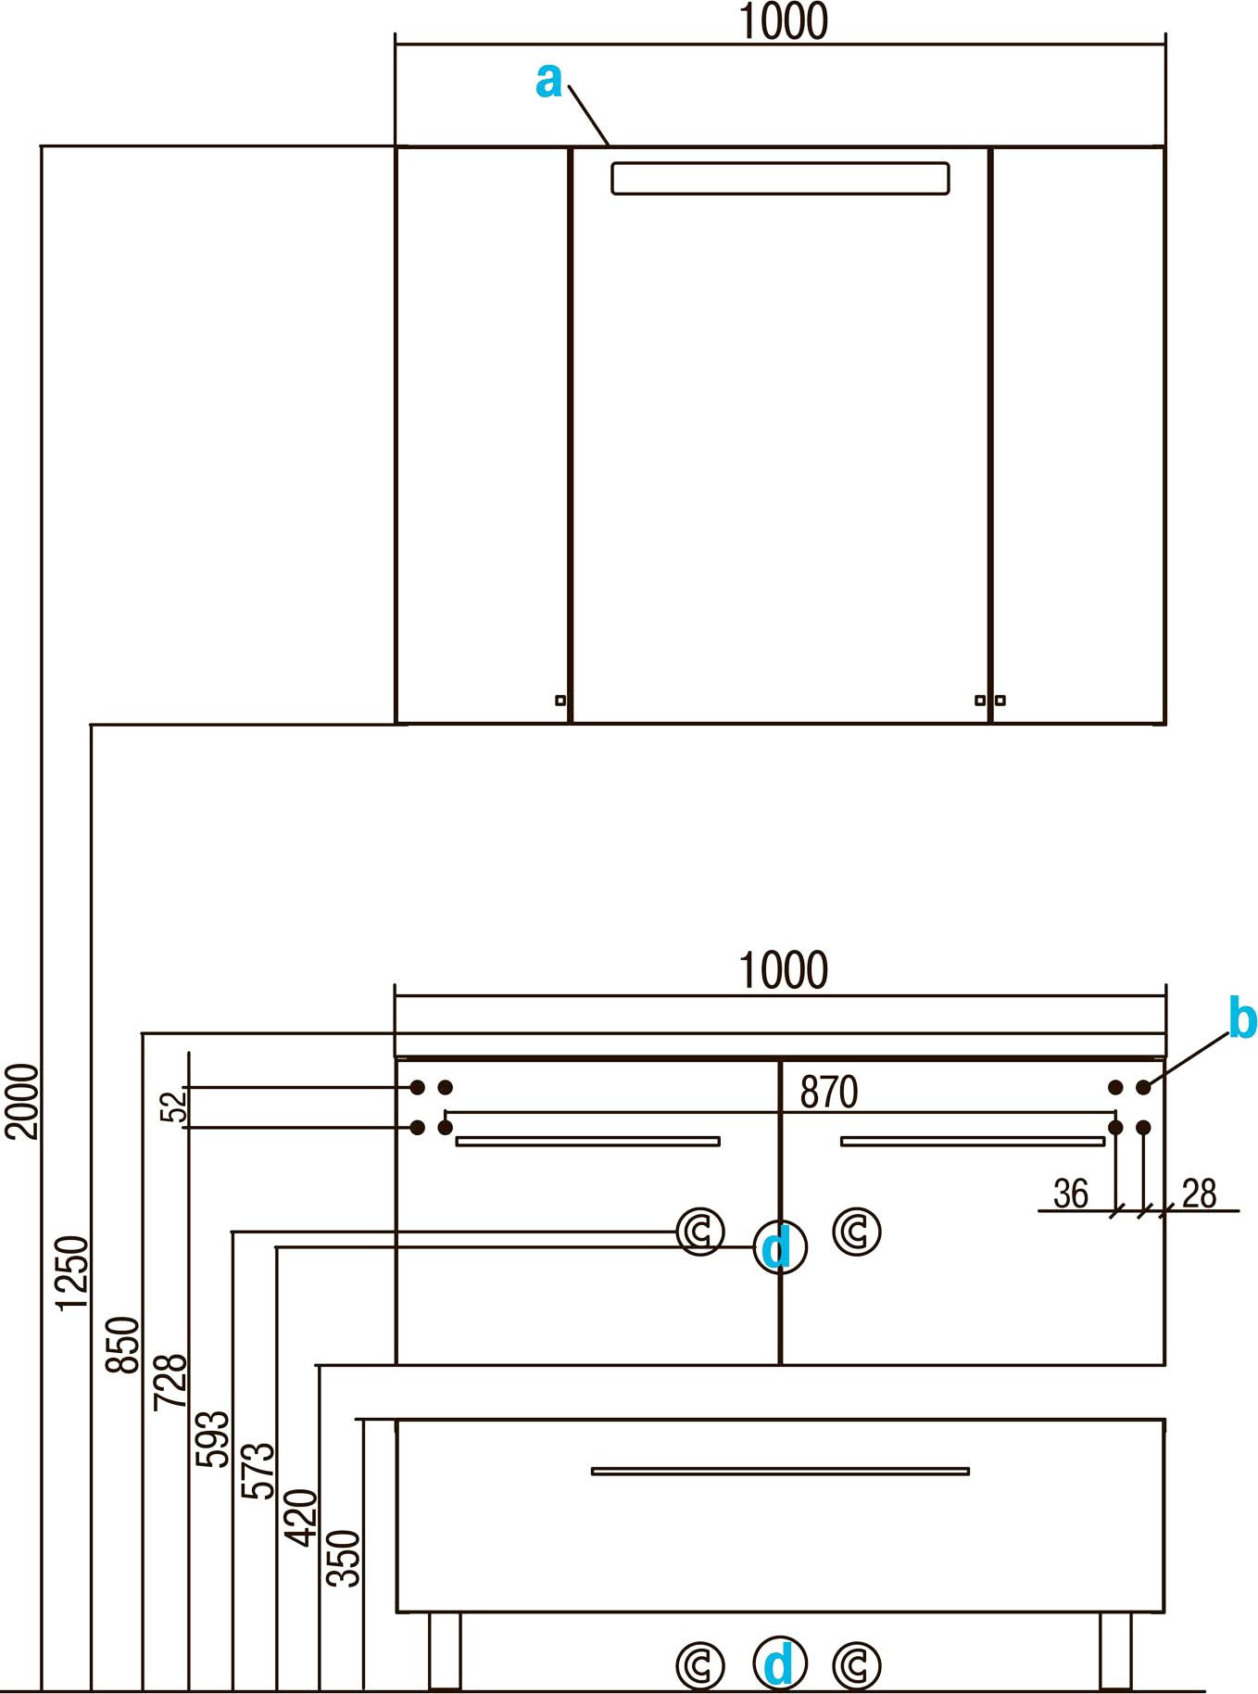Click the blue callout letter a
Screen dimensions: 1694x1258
548,81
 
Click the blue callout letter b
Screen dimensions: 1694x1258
1241,1018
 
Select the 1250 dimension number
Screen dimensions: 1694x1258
72,1272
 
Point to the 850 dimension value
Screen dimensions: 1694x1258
122,1345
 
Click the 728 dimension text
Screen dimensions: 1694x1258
170,1382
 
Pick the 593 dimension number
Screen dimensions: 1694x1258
212,1438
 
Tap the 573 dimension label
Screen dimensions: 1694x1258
258,1471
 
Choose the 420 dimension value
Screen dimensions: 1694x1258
301,1517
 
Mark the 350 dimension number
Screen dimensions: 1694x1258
344,1559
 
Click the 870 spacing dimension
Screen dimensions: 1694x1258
829,1093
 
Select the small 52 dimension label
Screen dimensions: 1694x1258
173,1106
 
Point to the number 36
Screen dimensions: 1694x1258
1071,1195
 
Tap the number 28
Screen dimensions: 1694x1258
1199,1195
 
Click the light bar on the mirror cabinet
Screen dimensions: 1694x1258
780,179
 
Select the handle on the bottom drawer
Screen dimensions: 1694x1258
780,1471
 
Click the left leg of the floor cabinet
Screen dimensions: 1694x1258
445,1650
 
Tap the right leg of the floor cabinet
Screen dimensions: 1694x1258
1115,1650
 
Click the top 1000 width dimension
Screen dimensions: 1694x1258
783,22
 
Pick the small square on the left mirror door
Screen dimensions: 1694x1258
560,701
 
